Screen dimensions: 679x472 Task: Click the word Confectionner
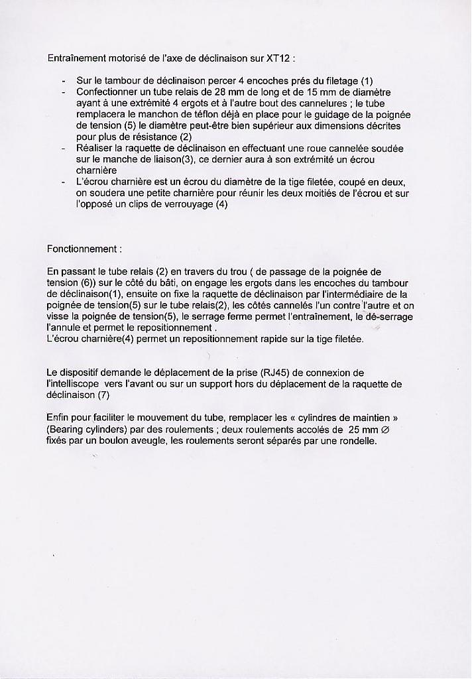(x=107, y=92)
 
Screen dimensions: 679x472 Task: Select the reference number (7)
(x=103, y=395)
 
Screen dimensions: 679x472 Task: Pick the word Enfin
(x=59, y=418)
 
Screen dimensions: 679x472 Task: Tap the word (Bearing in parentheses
(x=66, y=429)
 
